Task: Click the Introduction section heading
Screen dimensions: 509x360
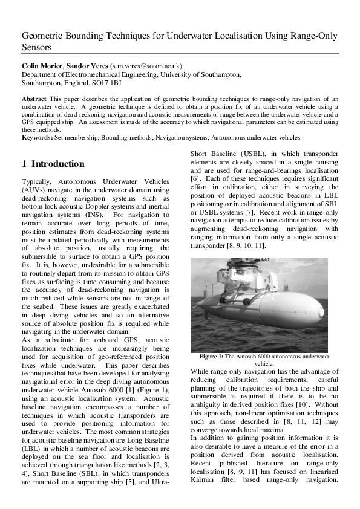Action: [53, 164]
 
